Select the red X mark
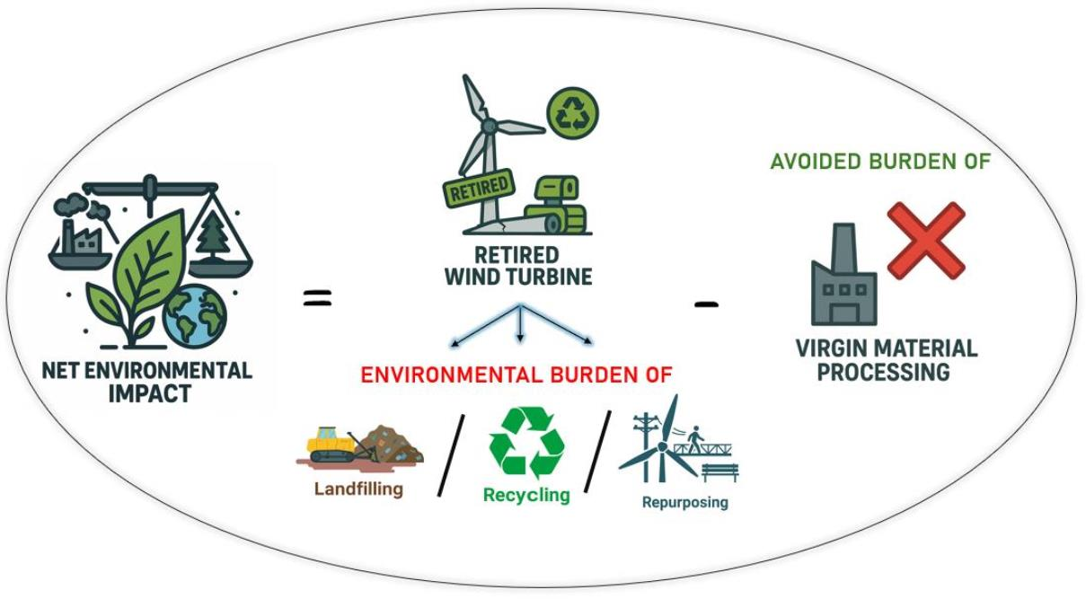[x=925, y=240]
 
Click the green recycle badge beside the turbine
[x=571, y=113]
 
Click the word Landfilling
[x=358, y=489]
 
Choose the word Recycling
[x=526, y=495]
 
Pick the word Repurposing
[x=684, y=502]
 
